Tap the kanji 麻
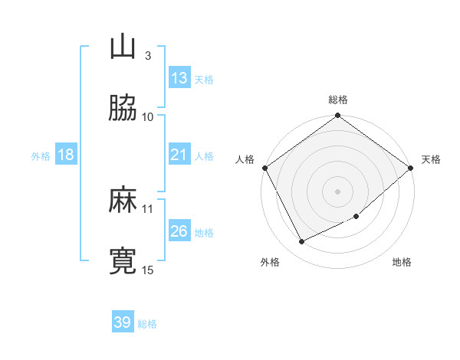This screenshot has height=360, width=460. [x=123, y=200]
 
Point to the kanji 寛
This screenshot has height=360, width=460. [x=123, y=260]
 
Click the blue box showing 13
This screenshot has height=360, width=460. [x=179, y=78]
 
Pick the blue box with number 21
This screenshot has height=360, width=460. [x=179, y=155]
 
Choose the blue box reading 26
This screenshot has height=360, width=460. [x=179, y=231]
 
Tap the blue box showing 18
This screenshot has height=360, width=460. [x=66, y=155]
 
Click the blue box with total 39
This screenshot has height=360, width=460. [x=123, y=322]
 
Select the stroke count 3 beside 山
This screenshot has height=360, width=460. [x=147, y=55]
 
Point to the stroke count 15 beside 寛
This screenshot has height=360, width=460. [x=148, y=270]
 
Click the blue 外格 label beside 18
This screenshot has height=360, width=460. [x=41, y=155]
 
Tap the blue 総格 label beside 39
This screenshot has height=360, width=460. [x=147, y=324]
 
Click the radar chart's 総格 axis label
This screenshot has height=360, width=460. [x=338, y=100]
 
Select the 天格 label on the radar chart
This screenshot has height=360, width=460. [x=431, y=159]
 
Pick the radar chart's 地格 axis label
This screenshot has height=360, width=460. [x=402, y=262]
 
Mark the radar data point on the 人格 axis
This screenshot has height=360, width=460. [x=264, y=168]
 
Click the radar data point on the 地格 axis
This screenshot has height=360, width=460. [x=356, y=217]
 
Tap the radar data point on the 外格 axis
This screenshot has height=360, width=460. [x=302, y=242]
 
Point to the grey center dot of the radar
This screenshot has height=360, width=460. [x=338, y=191]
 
